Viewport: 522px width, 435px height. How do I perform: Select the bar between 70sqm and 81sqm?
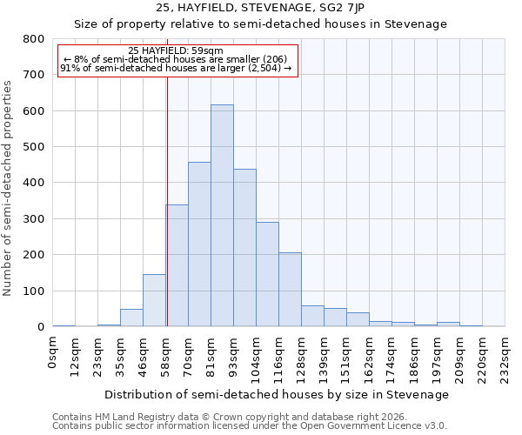[x=199, y=244]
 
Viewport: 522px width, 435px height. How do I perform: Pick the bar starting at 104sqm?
[x=267, y=274]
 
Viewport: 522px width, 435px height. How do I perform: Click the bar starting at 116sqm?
[x=290, y=290]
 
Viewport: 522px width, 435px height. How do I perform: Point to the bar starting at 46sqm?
[x=154, y=300]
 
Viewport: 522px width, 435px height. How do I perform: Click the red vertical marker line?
[x=166, y=200]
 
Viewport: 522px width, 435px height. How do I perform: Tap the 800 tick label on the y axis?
[x=34, y=39]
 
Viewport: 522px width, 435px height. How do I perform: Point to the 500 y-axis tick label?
[x=34, y=147]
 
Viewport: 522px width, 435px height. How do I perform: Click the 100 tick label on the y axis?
[x=34, y=291]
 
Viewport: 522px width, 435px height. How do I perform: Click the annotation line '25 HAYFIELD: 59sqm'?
[x=176, y=50]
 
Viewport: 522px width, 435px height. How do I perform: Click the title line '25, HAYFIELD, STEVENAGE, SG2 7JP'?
[x=260, y=9]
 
